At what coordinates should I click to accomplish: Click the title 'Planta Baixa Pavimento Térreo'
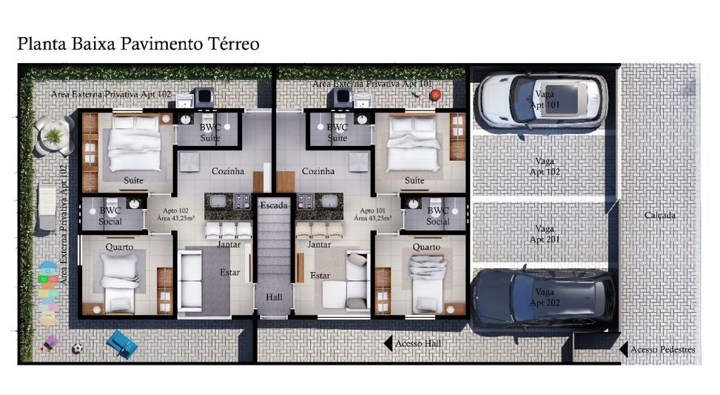point(138,44)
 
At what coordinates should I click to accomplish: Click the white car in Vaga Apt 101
point(542,100)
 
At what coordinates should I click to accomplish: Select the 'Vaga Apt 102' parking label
point(545,167)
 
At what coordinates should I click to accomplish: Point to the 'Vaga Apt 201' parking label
point(545,234)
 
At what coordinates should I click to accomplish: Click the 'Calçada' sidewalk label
point(659,215)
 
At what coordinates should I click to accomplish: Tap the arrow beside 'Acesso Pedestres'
point(624,350)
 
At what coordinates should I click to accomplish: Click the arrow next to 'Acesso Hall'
point(388,344)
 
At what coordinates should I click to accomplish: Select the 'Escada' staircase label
point(274,205)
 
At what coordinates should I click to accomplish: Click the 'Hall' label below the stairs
point(274,297)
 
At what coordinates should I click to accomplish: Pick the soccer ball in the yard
point(77,348)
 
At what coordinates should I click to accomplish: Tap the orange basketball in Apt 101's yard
point(435,95)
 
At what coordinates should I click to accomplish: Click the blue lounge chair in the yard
point(122,344)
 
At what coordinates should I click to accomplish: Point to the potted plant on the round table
point(53,136)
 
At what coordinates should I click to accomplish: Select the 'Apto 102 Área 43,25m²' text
point(175,214)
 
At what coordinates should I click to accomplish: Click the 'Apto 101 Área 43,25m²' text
point(372,214)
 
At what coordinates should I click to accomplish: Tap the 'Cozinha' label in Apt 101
point(318,171)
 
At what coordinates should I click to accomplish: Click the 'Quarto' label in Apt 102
point(119,247)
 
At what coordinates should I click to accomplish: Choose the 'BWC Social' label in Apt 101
point(437,216)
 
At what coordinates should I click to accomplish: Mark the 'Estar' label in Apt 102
point(229,272)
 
